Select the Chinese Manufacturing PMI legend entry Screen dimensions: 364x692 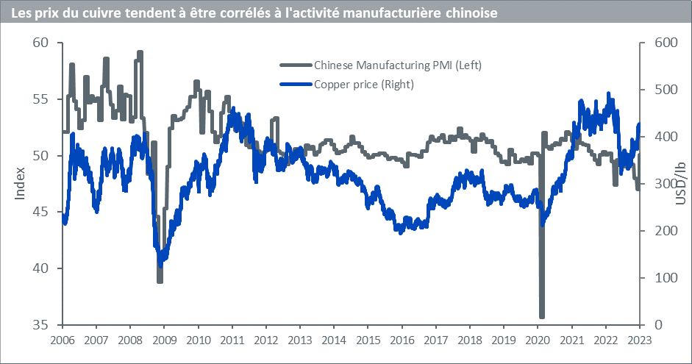tap(397, 65)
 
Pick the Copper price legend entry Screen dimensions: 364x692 tap(364, 84)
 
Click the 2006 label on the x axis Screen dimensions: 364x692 tap(62, 341)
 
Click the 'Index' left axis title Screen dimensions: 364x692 tap(19, 184)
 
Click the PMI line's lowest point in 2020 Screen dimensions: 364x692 tap(542, 315)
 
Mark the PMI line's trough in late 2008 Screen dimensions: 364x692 tap(160, 280)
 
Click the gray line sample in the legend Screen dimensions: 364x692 tap(296, 65)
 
